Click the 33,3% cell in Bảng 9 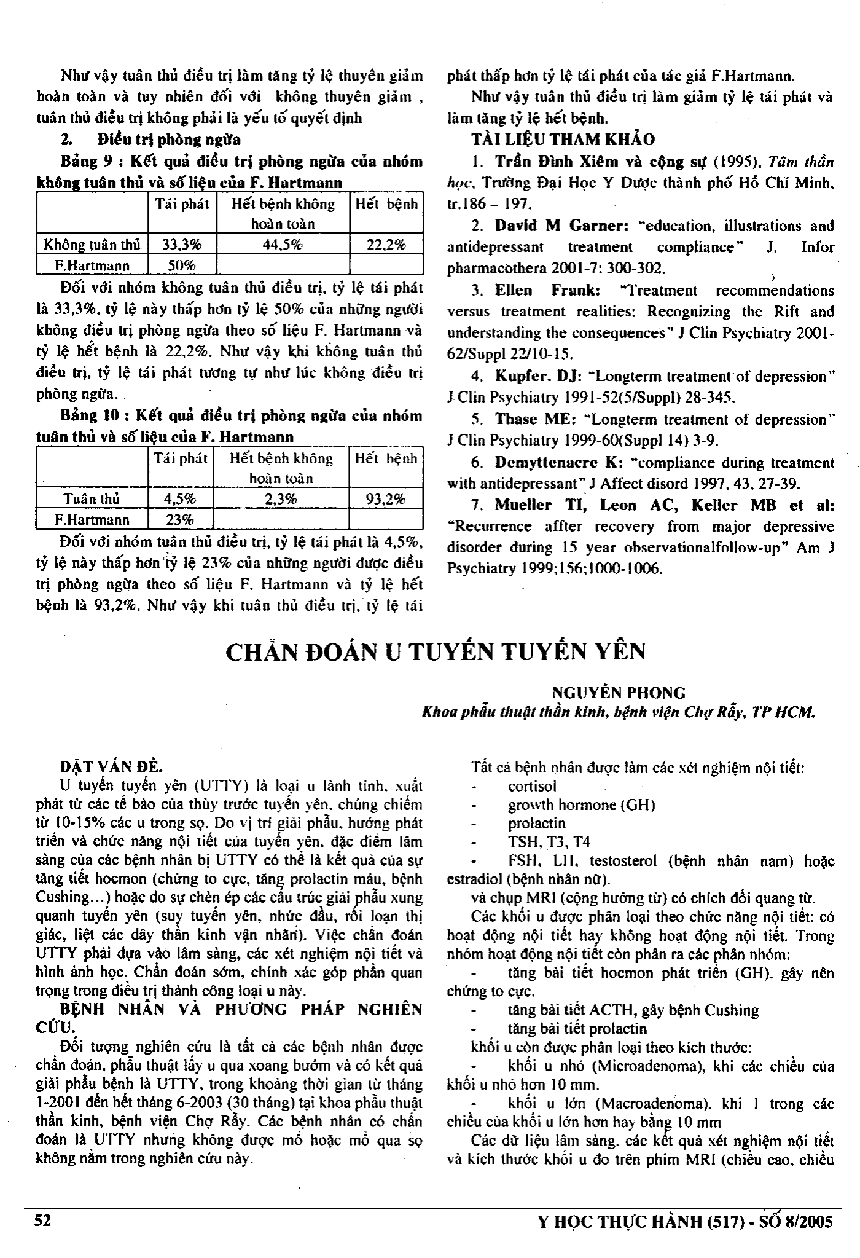pyautogui.click(x=181, y=245)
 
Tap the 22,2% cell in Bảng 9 pyautogui.click(x=386, y=245)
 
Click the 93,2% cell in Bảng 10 pyautogui.click(x=386, y=499)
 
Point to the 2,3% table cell pyautogui.click(x=281, y=499)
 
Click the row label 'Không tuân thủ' pyautogui.click(x=92, y=245)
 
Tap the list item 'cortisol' pyautogui.click(x=532, y=786)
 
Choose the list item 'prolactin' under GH pyautogui.click(x=536, y=823)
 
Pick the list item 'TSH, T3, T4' pyautogui.click(x=549, y=842)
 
